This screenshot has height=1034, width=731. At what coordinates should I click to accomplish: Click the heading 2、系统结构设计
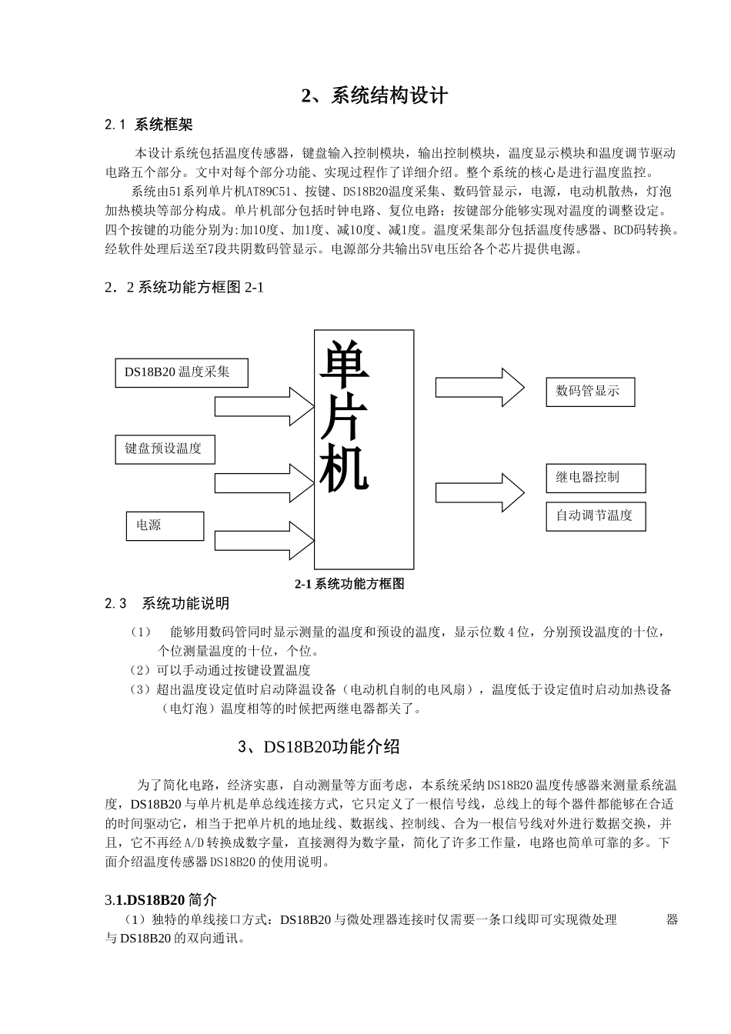point(374,96)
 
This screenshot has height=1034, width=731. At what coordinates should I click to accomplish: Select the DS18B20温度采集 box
point(182,372)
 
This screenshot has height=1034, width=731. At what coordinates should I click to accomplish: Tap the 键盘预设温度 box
point(165,449)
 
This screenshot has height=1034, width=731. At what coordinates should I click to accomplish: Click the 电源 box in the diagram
point(165,526)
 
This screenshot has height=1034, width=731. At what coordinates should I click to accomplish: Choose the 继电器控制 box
point(595,478)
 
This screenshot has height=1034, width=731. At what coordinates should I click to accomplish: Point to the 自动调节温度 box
point(595,516)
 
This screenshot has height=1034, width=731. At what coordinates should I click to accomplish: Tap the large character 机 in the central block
point(345,466)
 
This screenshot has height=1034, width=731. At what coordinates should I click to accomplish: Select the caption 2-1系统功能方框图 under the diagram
point(349,584)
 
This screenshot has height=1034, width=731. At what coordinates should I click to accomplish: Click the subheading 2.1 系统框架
point(149,124)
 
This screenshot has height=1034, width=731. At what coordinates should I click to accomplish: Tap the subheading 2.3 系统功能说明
point(167,604)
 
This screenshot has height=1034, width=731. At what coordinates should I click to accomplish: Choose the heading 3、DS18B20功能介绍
point(319,746)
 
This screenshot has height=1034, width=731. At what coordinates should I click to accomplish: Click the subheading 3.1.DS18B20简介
point(161,899)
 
